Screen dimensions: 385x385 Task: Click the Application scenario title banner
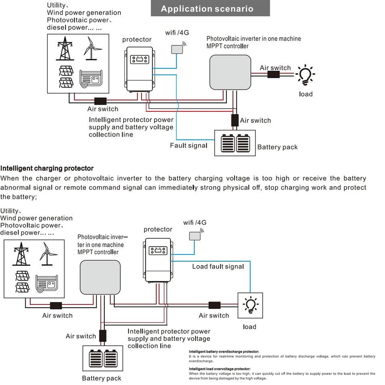(x=207, y=9)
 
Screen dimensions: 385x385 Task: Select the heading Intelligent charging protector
(x=47, y=168)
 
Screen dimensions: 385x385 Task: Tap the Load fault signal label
(x=218, y=266)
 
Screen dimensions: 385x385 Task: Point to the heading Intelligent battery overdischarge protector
(x=224, y=352)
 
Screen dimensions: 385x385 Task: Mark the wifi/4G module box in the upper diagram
(x=177, y=49)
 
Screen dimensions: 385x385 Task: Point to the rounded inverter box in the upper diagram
(x=231, y=72)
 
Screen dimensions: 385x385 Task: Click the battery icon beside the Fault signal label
(x=235, y=143)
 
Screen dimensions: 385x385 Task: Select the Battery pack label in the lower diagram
(x=102, y=378)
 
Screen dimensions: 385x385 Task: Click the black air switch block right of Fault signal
(x=234, y=120)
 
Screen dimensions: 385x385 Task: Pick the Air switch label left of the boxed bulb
(x=214, y=315)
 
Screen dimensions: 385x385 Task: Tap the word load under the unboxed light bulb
(x=306, y=94)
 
